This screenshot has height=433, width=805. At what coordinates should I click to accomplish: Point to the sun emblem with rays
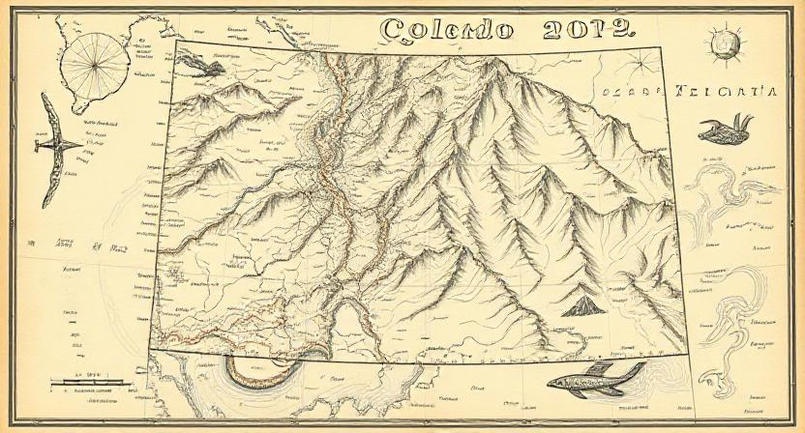click(x=723, y=43)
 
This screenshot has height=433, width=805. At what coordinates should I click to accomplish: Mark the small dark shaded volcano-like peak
click(x=582, y=308)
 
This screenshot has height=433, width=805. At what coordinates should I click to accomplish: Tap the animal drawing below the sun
click(x=726, y=129)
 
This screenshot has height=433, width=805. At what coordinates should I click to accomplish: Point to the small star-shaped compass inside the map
click(x=640, y=65)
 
